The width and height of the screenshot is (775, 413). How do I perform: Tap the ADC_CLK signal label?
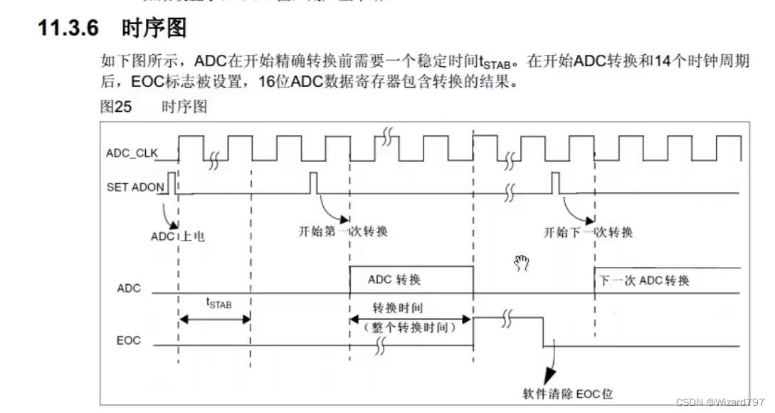132,152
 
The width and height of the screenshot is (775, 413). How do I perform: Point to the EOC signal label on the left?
129,340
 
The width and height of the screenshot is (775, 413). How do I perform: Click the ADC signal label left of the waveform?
129,288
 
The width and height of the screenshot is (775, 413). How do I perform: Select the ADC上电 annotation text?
178,236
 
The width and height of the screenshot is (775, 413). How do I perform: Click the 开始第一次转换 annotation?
343,231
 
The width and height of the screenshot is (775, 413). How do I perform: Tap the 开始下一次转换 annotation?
588,231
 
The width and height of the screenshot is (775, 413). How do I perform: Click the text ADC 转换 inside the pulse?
394,279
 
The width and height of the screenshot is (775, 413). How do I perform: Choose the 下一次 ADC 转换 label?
644,280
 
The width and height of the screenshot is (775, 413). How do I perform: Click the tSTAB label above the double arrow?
219,303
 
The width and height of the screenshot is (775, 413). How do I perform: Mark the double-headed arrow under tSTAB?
214,320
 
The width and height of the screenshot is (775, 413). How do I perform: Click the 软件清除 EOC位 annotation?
567,393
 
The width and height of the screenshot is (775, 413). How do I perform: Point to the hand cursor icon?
522,263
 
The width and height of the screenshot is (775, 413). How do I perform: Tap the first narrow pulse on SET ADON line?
172,182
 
